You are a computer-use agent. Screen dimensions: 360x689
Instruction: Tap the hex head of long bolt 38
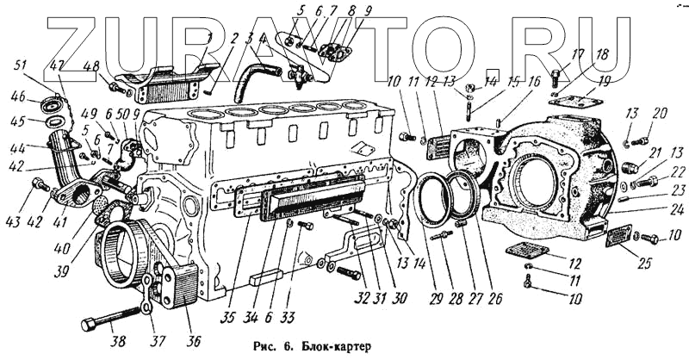(89, 325)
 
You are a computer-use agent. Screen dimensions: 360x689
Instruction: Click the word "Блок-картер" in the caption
(337, 347)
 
